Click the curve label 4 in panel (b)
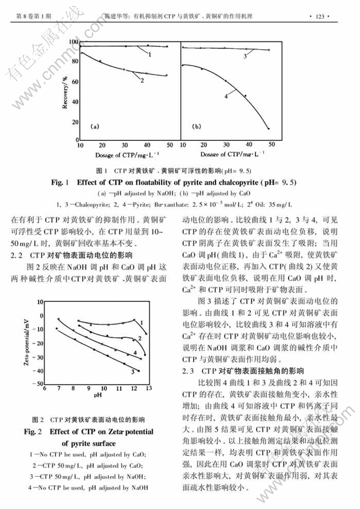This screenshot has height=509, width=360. click(x=226, y=97)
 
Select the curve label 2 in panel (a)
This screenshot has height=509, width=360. click(x=142, y=81)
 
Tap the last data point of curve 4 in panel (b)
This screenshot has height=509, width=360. click(x=269, y=128)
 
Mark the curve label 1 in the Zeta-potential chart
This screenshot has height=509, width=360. click(x=142, y=322)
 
